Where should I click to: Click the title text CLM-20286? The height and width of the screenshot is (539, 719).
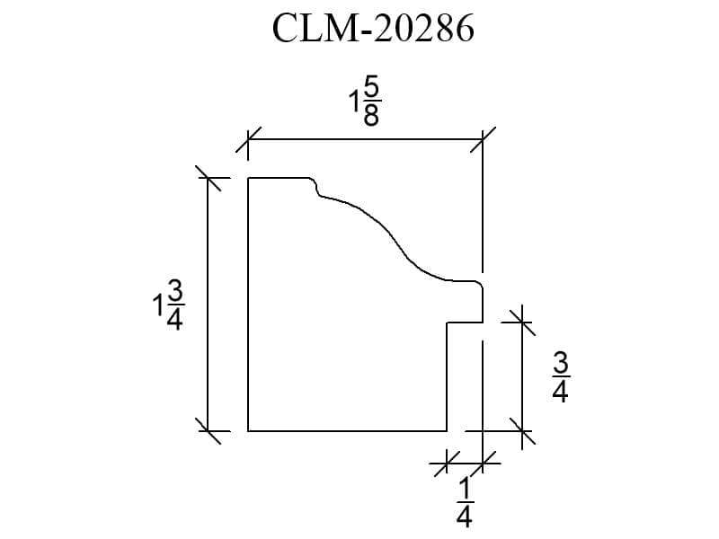pos(373,29)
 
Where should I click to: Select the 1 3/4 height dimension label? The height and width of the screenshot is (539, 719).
pos(168,305)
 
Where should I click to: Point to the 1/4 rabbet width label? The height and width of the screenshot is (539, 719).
pos(465,502)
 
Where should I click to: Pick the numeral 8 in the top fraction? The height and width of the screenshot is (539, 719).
pos(371,116)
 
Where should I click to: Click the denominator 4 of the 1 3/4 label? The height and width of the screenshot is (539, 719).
pos(174,320)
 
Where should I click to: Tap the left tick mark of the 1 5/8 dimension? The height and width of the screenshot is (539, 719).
pos(248,139)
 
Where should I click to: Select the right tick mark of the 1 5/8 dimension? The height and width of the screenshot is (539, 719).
pos(483,139)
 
